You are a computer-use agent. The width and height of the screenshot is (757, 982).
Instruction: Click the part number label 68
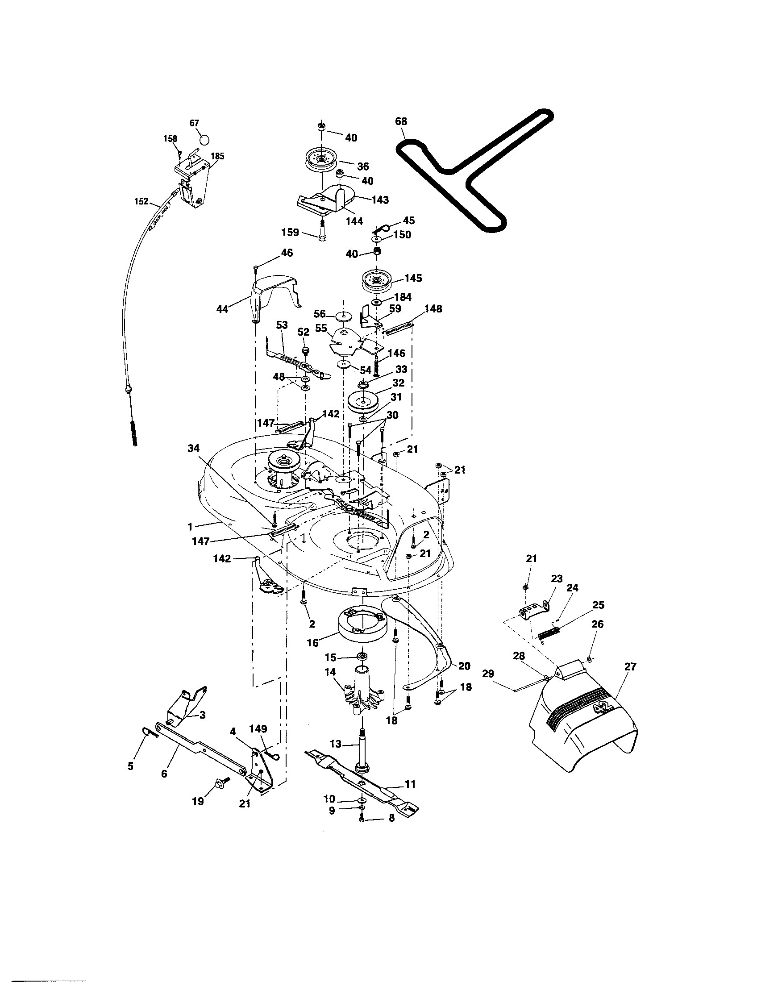coord(401,121)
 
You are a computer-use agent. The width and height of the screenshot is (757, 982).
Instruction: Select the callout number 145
coord(413,278)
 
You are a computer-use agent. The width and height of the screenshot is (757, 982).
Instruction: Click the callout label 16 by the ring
coord(312,643)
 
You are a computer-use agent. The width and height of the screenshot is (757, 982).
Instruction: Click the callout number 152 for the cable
coord(141,201)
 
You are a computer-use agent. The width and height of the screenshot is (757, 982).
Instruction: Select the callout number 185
coord(217,156)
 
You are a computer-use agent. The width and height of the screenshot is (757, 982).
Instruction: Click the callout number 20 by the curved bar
coord(464,666)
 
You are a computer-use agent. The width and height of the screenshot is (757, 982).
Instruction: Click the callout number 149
coord(258,728)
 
